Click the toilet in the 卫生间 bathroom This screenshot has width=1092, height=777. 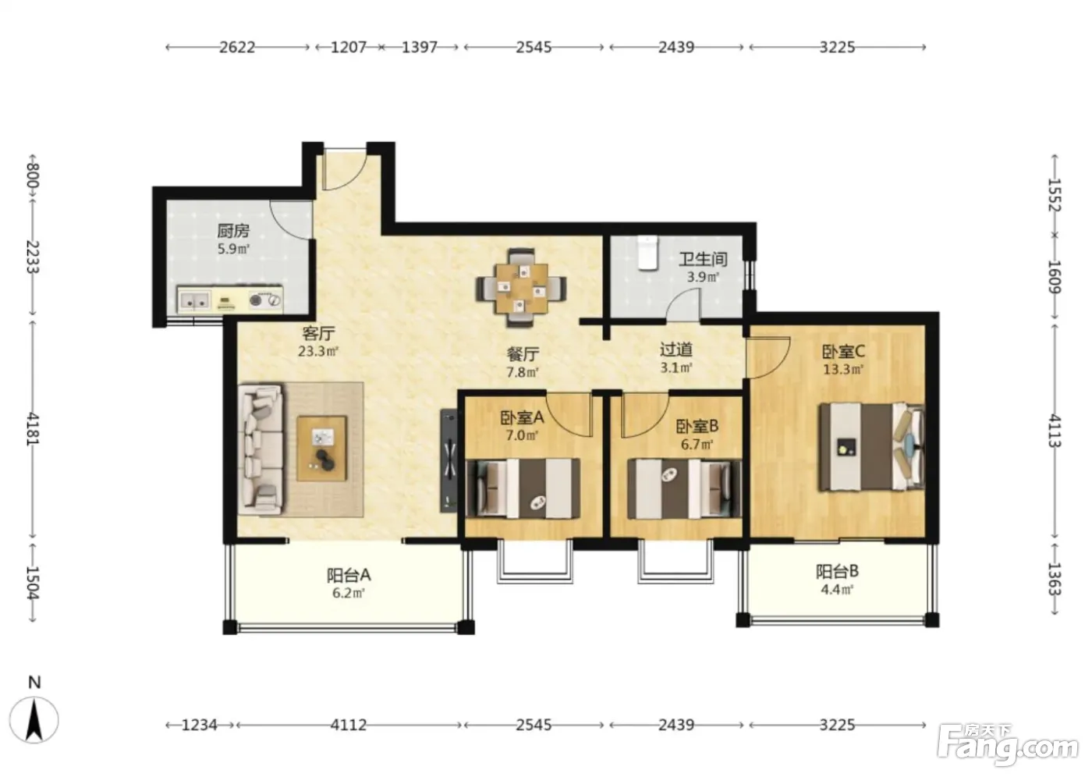(647, 253)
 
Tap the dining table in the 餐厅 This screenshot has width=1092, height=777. (521, 288)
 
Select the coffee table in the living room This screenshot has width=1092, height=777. (321, 449)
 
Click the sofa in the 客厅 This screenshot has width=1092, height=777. (260, 449)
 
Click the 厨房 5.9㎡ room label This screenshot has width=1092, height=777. (233, 239)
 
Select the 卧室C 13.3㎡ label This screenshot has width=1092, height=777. (843, 360)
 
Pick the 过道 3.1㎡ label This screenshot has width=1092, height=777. (675, 358)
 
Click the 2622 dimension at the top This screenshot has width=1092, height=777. (237, 48)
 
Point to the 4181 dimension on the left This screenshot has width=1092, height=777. (33, 429)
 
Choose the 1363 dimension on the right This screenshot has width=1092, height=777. (1055, 579)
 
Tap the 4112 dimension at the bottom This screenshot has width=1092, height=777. (348, 725)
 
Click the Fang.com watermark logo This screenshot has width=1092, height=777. (1007, 747)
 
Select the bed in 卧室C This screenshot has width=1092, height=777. (871, 447)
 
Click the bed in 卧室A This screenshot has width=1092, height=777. (523, 488)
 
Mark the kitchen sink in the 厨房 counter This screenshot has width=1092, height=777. (195, 300)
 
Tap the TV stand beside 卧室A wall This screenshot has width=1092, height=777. (449, 460)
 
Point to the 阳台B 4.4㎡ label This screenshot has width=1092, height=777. (837, 580)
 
